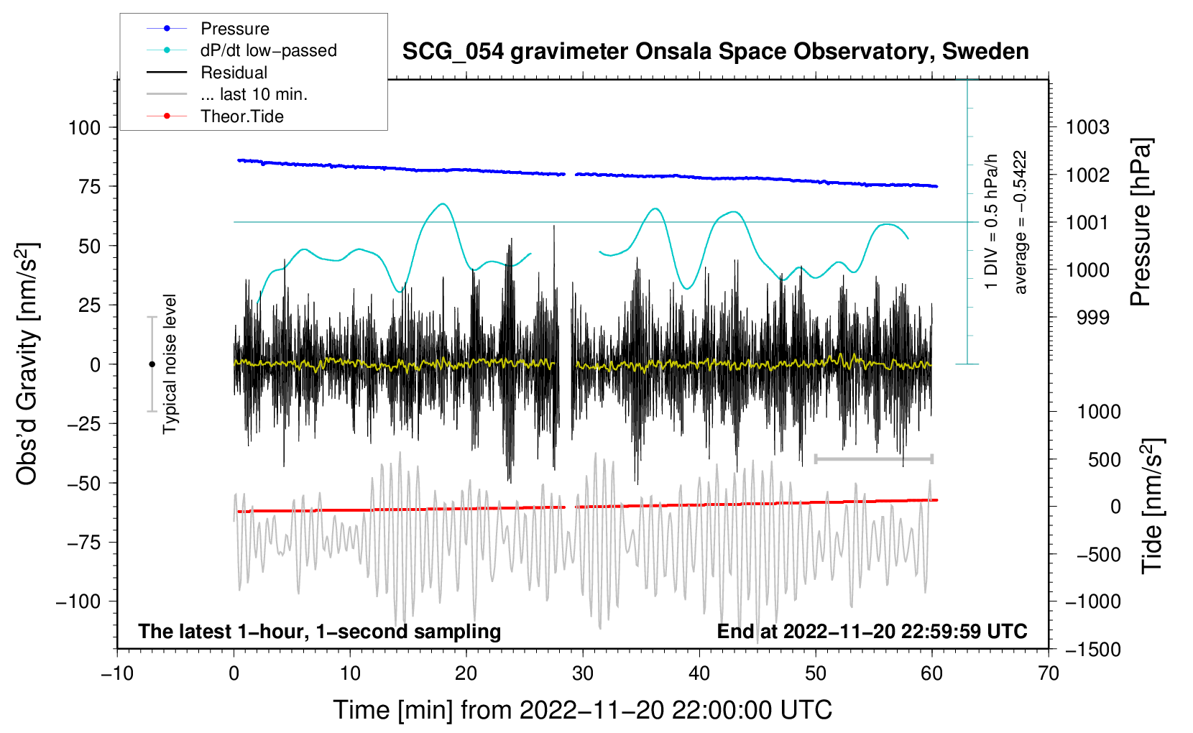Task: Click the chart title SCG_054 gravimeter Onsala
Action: (715, 52)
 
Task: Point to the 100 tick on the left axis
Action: (85, 128)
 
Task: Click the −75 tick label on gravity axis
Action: (84, 543)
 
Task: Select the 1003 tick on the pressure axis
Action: (1087, 127)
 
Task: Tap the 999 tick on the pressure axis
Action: (1093, 318)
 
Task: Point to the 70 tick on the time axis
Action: (1048, 673)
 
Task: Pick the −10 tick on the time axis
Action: (117, 673)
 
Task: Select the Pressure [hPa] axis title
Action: (1141, 222)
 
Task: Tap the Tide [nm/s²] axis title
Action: (1151, 506)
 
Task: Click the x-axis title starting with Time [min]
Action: (583, 710)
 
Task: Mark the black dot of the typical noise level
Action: (152, 364)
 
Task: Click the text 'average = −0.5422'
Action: (1020, 222)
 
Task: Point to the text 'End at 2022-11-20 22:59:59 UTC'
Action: (872, 631)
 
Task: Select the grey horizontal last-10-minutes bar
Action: (873, 458)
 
